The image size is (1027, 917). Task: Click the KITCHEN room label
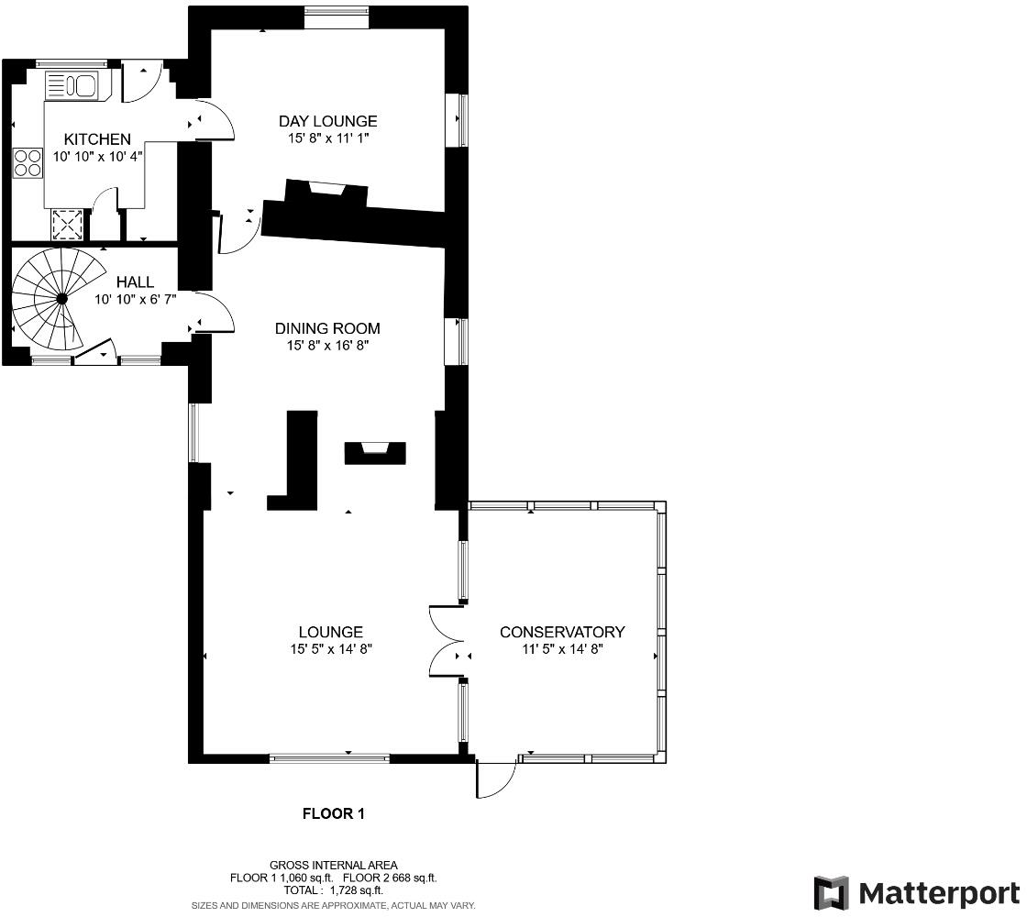[x=97, y=138]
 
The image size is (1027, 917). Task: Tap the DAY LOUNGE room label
[x=328, y=121]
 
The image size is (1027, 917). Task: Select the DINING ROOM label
[x=327, y=328]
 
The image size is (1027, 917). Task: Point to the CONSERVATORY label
[x=562, y=632]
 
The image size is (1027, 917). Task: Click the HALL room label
[x=135, y=282]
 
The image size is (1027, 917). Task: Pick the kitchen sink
[x=71, y=86]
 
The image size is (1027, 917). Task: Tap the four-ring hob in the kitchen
[x=28, y=162]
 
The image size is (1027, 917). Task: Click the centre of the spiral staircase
[x=61, y=299]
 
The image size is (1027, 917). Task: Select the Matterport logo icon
[x=831, y=893]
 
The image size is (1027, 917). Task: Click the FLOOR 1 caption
[x=334, y=813]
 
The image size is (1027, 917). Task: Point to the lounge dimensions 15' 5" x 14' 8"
[x=331, y=649]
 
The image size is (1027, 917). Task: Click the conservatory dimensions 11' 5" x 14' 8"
[x=562, y=649]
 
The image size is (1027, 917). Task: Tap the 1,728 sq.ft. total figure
[x=357, y=890]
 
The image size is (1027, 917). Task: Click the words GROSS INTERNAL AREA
[x=334, y=866]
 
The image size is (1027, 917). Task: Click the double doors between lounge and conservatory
[x=447, y=641]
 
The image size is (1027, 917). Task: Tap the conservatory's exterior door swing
[x=495, y=780]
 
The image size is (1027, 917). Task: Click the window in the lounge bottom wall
[x=329, y=758]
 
